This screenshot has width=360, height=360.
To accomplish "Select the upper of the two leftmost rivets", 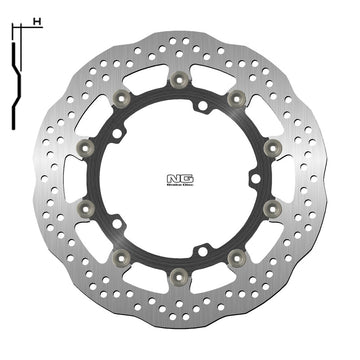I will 83,147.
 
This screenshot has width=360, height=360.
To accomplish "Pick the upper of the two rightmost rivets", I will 271,149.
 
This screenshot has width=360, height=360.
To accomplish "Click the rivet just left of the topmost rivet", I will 122,97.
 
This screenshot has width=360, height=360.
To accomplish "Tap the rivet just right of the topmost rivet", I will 237,97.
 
